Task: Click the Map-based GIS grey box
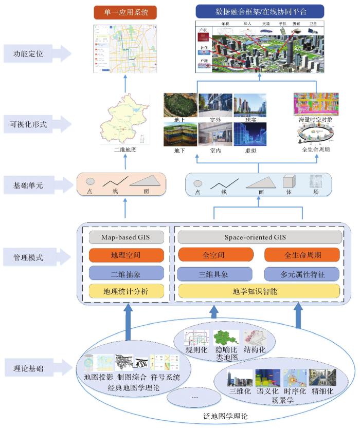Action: (x=127, y=237)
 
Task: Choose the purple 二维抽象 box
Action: (x=127, y=273)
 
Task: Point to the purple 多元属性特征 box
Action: (x=302, y=273)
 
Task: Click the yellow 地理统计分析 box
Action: (x=127, y=291)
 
